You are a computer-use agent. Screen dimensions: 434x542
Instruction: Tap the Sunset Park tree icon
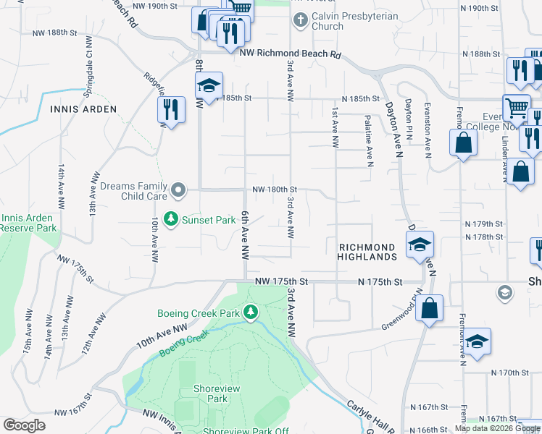pos(171,218)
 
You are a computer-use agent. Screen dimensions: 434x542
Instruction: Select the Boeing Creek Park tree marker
pos(251,312)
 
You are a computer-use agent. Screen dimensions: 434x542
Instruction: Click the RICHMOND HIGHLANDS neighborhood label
pos(368,252)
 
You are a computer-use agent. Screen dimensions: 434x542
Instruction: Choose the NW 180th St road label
pos(275,190)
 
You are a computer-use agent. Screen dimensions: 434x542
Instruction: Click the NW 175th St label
pos(282,281)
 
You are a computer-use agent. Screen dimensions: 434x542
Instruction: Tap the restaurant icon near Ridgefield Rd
pos(168,109)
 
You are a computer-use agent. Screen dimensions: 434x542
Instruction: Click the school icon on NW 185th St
pos(209,86)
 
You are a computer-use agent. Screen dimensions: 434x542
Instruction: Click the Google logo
pos(24,425)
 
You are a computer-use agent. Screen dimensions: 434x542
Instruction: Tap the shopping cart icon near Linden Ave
pos(517,108)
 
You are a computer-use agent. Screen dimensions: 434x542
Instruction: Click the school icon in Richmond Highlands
pos(420,245)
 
